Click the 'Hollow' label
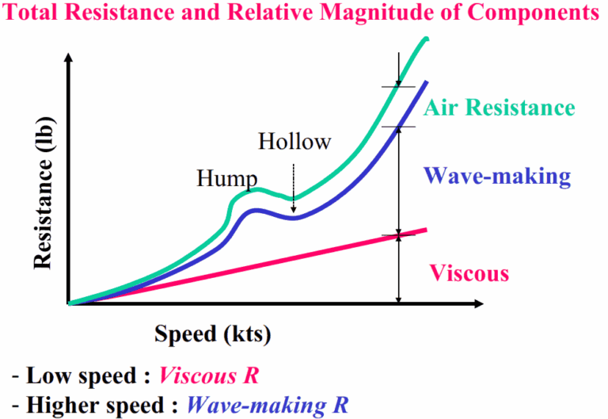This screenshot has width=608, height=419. (x=294, y=143)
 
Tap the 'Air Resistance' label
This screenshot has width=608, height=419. (x=497, y=108)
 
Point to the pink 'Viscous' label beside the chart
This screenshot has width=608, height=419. (x=469, y=274)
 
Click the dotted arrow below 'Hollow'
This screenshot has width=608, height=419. (x=294, y=187)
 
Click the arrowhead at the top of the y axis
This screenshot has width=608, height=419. (x=70, y=58)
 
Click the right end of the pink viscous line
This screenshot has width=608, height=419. (x=426, y=230)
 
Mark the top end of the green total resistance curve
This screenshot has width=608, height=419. (x=427, y=40)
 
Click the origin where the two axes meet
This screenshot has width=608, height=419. (x=71, y=303)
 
